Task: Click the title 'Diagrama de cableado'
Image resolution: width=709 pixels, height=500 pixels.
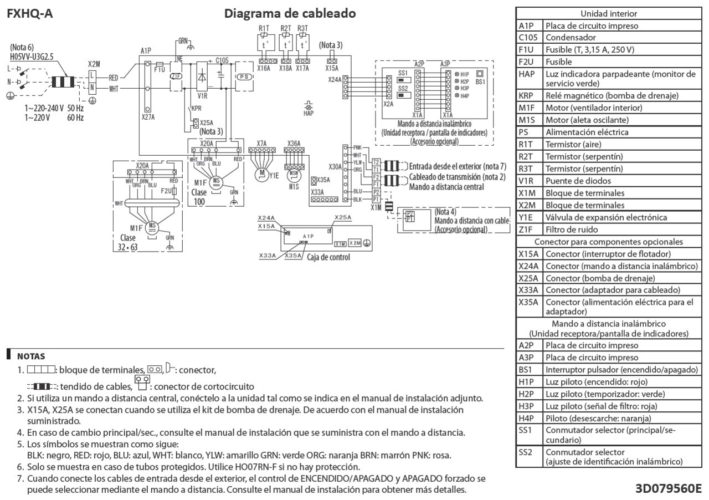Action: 290,13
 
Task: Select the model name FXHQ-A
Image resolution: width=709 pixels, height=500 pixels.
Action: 30,14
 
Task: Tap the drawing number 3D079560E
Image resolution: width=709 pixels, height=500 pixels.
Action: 669,489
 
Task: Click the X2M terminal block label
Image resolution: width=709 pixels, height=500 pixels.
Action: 95,64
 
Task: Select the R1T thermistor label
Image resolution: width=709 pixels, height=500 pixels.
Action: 264,28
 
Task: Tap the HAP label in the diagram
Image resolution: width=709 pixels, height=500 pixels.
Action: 309,113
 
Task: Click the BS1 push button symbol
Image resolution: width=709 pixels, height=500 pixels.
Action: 480,73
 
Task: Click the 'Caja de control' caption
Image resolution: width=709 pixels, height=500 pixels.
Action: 328,257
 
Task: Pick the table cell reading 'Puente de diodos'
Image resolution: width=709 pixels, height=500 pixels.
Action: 571,181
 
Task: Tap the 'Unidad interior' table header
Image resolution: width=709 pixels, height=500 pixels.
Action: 608,14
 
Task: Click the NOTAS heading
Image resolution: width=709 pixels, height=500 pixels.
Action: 31,356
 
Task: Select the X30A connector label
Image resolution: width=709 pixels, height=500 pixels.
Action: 335,167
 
